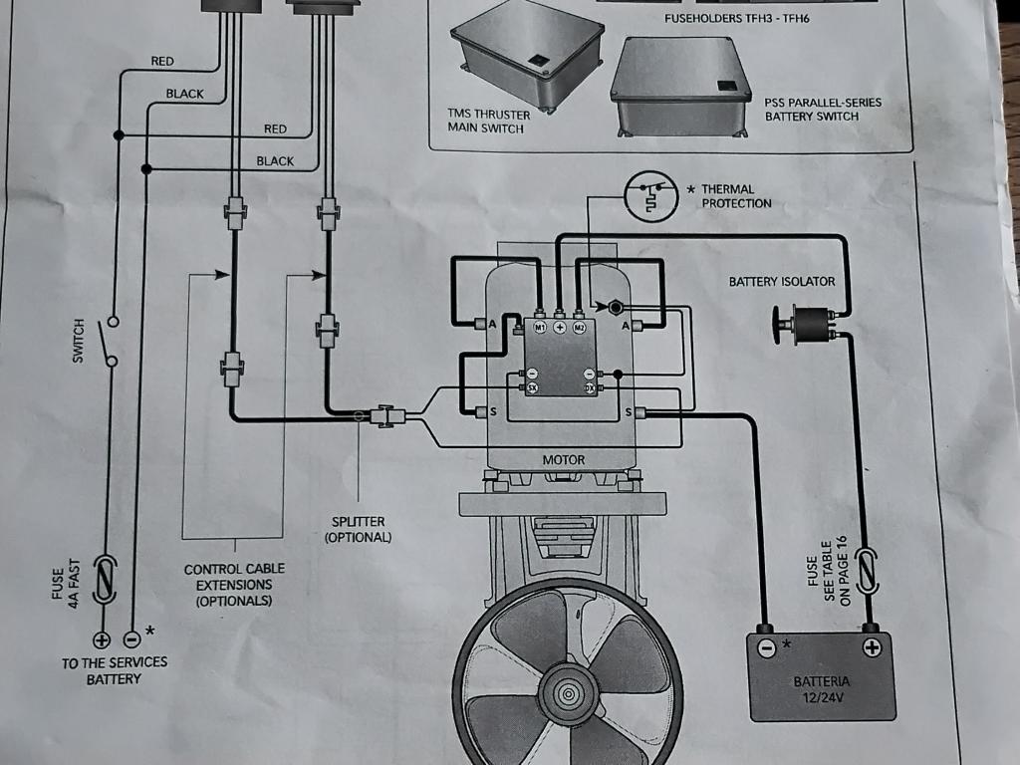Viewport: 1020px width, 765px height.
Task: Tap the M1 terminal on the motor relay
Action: (x=540, y=327)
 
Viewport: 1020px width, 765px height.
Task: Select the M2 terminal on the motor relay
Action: (x=579, y=327)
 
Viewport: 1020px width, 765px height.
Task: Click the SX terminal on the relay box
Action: (x=532, y=387)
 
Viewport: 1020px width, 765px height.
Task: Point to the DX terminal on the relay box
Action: (x=590, y=387)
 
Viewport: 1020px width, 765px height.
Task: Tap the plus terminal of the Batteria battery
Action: (x=871, y=647)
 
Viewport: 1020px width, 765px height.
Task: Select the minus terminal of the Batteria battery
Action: (x=768, y=647)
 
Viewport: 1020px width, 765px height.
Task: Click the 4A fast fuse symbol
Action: (x=105, y=579)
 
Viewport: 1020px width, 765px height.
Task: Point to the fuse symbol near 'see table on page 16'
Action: (x=867, y=571)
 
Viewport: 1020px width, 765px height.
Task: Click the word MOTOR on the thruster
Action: (x=564, y=460)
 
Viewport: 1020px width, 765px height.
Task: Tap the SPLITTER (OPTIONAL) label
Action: (x=359, y=530)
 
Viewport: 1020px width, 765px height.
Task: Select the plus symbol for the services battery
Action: (x=103, y=640)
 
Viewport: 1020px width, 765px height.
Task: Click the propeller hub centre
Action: (x=568, y=694)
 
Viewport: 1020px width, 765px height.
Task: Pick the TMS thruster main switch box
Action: (x=528, y=57)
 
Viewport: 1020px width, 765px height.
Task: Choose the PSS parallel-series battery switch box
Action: (x=680, y=87)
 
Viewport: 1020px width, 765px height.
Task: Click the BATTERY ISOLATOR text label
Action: (x=781, y=282)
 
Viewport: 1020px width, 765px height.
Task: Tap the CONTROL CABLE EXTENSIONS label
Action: (x=234, y=585)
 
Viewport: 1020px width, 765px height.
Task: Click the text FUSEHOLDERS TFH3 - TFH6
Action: (x=737, y=18)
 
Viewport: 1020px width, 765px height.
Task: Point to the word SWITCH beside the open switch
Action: (x=78, y=341)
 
